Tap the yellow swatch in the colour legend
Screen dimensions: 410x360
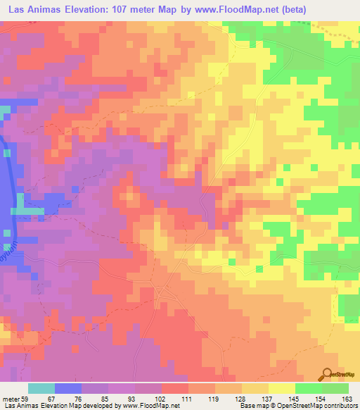[281, 388]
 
